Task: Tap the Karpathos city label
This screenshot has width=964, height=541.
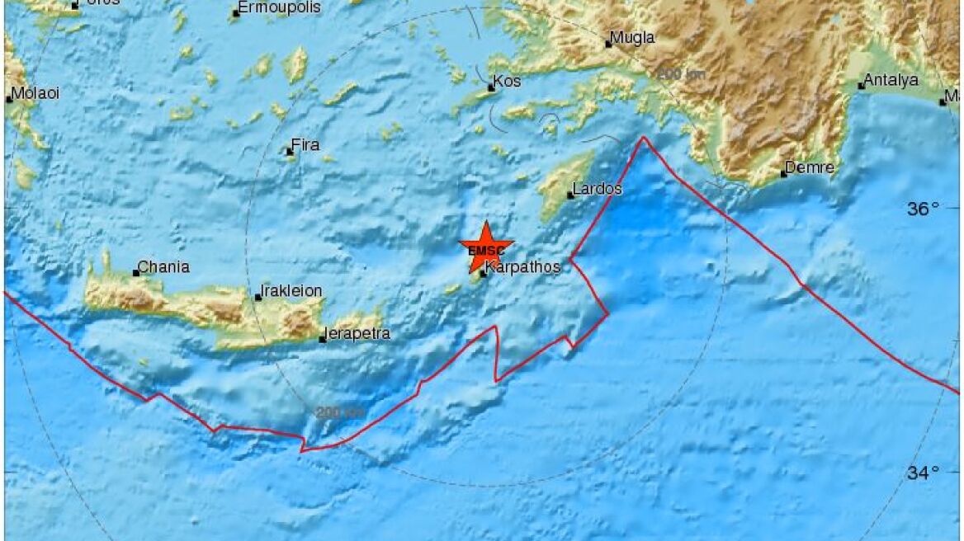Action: [522, 267]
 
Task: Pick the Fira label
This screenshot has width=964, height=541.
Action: [305, 145]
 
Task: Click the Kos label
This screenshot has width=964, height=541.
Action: [506, 83]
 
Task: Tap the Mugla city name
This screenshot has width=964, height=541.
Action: [633, 38]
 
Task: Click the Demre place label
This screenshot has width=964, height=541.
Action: [810, 168]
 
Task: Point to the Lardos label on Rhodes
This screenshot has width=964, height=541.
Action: [597, 190]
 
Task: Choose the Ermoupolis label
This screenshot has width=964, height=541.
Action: [267, 8]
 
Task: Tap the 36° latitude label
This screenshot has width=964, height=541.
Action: [924, 209]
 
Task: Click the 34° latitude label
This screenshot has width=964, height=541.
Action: [924, 473]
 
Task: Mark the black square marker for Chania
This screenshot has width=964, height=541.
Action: [136, 273]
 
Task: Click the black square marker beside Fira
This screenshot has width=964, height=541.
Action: [290, 151]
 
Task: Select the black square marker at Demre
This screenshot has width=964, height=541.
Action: [783, 174]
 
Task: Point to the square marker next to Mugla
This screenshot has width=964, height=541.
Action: [609, 44]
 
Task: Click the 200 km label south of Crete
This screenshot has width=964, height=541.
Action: [339, 412]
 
